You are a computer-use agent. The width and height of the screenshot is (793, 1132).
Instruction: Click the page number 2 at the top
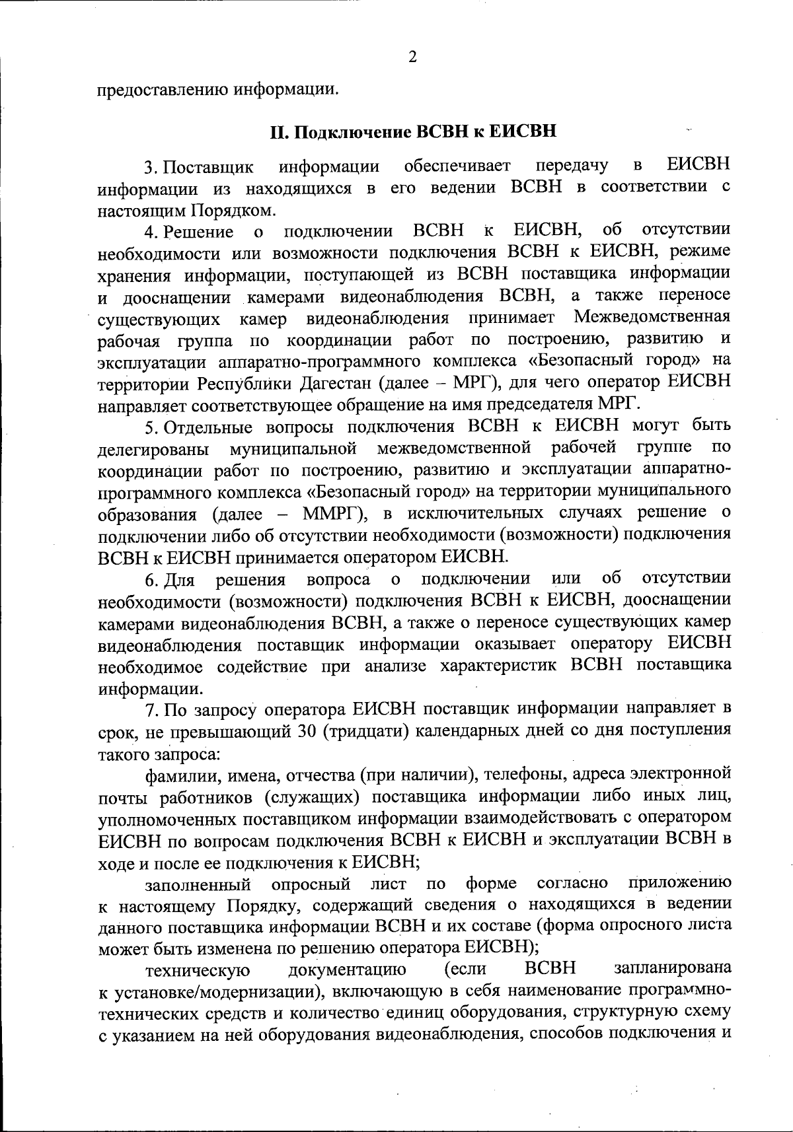[x=413, y=57]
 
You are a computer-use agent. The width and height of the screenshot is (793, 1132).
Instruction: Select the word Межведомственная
[x=652, y=318]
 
